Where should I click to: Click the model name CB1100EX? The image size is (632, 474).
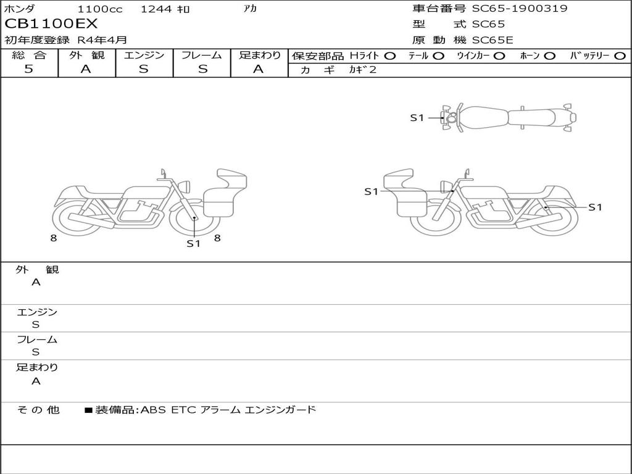(51, 24)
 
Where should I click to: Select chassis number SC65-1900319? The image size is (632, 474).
(520, 8)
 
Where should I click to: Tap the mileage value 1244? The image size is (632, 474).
(156, 9)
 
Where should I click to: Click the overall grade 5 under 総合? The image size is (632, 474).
(28, 69)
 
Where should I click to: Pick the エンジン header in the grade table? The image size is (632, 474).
(144, 55)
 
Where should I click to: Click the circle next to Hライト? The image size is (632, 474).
(389, 56)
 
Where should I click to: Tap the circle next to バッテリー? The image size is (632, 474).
(620, 56)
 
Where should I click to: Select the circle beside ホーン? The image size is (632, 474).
(549, 56)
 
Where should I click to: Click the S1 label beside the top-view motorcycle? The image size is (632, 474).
(417, 118)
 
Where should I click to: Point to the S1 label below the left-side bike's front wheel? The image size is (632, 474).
(193, 243)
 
